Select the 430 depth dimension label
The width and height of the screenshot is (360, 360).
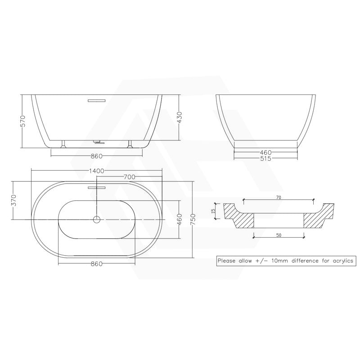(179, 117)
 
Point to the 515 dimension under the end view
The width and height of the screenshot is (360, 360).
(265, 159)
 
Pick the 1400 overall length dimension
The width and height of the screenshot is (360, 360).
(97, 171)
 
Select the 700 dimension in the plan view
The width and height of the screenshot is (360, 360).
(129, 177)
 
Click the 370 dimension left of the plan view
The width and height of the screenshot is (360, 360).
(13, 201)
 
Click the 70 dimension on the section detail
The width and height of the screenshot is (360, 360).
(279, 197)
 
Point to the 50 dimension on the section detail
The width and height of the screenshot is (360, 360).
(279, 235)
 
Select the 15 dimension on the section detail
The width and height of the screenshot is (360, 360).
(214, 211)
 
